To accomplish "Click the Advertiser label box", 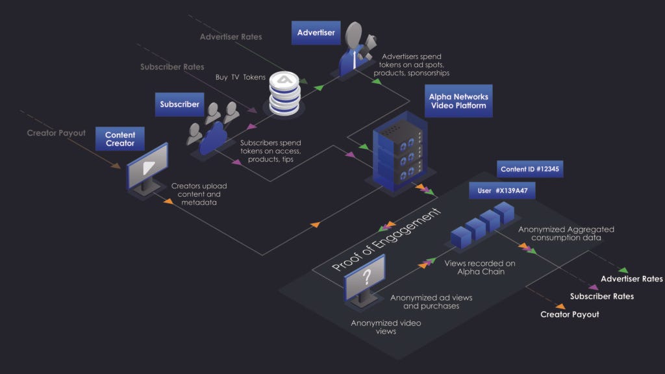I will point(316,32).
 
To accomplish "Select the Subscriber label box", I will point(179,104).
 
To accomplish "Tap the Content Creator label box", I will point(120,139).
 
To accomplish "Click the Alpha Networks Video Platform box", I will point(458,101).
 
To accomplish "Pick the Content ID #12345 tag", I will point(530,169).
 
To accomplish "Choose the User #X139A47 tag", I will point(503,191).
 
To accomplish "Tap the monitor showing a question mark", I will point(366,280).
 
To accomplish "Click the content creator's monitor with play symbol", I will point(147,168).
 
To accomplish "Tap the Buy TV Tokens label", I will point(240,77).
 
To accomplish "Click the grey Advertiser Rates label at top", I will point(231,36).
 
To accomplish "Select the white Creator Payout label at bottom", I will point(570,314).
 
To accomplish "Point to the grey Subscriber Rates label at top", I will point(172,67).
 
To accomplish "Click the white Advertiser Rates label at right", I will point(631,279).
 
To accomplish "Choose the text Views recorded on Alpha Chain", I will point(480,268).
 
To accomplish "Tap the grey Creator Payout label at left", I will point(56,133).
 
